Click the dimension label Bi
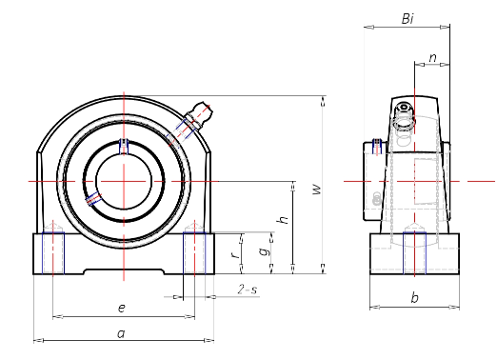(x=408, y=19)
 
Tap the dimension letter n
(x=432, y=58)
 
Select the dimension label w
(x=317, y=190)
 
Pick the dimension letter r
(x=235, y=254)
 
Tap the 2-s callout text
(x=248, y=290)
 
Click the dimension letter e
(x=122, y=308)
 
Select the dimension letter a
(x=121, y=333)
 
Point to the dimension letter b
(x=414, y=298)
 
